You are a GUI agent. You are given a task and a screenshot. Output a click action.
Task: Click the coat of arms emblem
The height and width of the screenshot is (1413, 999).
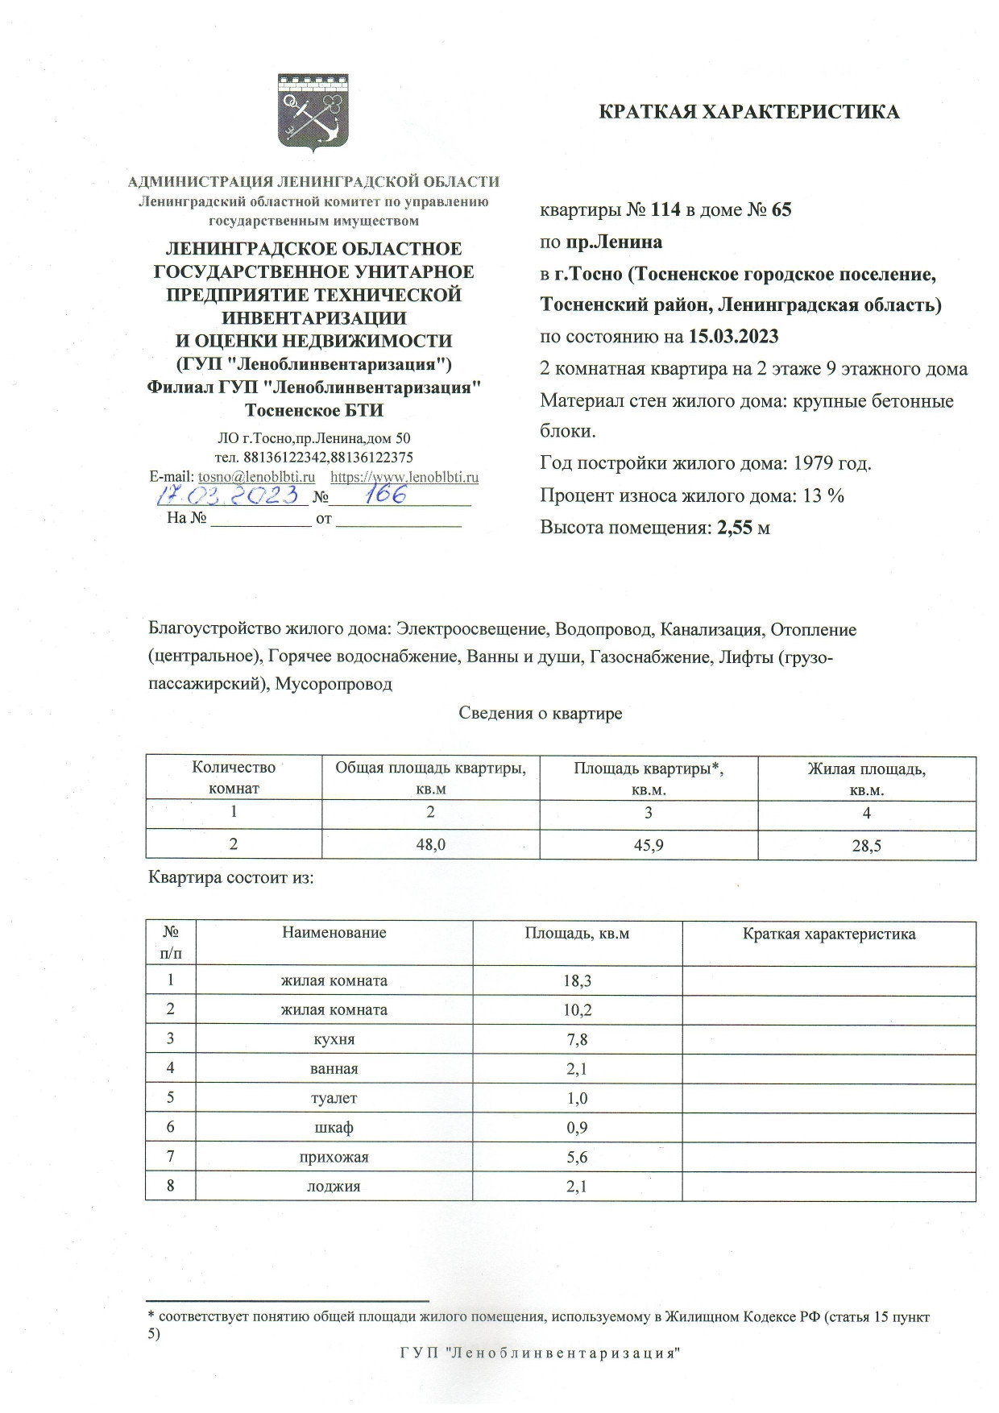click(313, 113)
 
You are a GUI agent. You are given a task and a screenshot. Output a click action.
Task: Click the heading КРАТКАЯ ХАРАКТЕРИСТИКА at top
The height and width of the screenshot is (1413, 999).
click(748, 112)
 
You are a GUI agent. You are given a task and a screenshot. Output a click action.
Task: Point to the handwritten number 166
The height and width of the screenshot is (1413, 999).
click(384, 493)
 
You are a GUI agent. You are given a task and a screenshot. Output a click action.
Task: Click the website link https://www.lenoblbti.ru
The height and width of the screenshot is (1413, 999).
click(404, 477)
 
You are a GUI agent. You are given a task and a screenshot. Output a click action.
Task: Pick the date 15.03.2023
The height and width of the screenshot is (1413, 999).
click(734, 336)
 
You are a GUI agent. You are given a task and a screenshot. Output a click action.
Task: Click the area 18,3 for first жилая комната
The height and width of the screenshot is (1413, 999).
click(576, 981)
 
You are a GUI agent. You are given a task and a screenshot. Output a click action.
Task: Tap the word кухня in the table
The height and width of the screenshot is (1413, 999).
click(334, 1039)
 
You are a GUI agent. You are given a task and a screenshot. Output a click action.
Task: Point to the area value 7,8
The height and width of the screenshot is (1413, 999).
click(577, 1040)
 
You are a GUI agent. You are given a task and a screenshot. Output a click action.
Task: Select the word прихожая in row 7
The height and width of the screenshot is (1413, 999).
click(334, 1157)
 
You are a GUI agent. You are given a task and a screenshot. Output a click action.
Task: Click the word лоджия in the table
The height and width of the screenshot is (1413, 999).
click(334, 1186)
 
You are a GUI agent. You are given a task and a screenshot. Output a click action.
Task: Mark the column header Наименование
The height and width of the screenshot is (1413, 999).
click(334, 933)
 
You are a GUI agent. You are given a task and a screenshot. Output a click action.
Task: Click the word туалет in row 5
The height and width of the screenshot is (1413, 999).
click(334, 1098)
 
